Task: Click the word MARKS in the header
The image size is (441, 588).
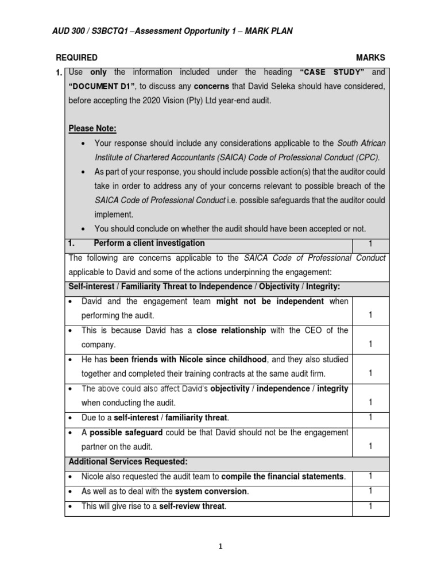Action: pyautogui.click(x=370, y=58)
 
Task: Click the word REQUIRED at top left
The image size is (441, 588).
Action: pyautogui.click(x=76, y=58)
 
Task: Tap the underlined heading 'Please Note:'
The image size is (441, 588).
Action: pyautogui.click(x=92, y=128)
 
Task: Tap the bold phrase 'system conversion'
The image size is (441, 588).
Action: pyautogui.click(x=211, y=491)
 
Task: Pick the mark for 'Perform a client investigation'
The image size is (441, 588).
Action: pyautogui.click(x=370, y=243)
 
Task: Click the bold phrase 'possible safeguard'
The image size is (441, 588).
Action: pyautogui.click(x=122, y=432)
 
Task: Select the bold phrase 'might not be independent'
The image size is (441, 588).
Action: pyautogui.click(x=270, y=301)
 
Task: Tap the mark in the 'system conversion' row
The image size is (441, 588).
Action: pyautogui.click(x=370, y=491)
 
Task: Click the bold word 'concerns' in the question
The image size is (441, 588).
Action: pyautogui.click(x=211, y=86)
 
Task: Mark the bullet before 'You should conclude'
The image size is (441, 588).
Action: pyautogui.click(x=84, y=229)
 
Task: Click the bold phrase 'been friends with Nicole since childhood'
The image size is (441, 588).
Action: pyautogui.click(x=188, y=359)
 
